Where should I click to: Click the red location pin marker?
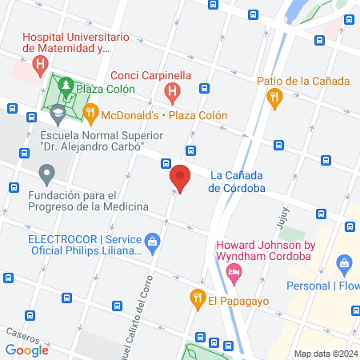pos(181,178)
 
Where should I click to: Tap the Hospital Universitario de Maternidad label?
pos(76,42)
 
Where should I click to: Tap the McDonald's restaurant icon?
pos(91,114)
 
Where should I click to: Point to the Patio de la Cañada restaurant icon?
pos(275,98)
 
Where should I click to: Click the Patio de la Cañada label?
pos(303,81)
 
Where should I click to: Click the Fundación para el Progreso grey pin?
pos(47,173)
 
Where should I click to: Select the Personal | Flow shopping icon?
pos(345,262)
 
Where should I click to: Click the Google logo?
pos(27,350)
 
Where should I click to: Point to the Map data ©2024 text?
pos(326,354)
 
